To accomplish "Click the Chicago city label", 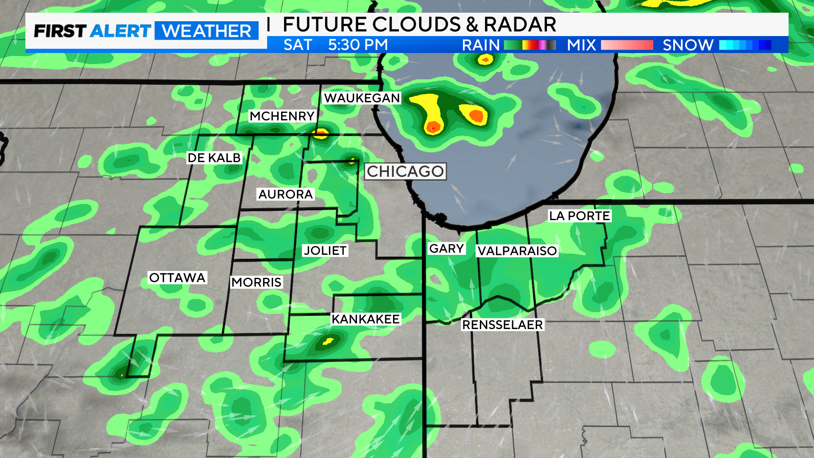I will pos(405,171).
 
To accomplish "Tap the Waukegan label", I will pos(362,98).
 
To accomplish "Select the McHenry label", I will pos(282,116).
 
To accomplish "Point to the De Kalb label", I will pos(214,158).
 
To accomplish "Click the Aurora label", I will pos(285,194).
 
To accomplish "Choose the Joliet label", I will pos(325,250).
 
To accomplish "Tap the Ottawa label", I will pos(177,277).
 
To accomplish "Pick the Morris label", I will pos(256,282).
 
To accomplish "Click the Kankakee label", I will pos(365,319).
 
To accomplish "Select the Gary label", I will pos(446,249).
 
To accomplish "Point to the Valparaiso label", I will pos(517,251).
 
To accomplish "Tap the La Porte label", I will pos(579,216).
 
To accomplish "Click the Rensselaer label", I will pos(502,325).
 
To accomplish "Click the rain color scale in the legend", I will pos(530,45).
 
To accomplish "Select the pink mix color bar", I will pos(627,45).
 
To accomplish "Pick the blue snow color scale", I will pos(745,45).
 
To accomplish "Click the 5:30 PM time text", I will pos(358,45).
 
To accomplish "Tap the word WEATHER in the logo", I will pos(206,31).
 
